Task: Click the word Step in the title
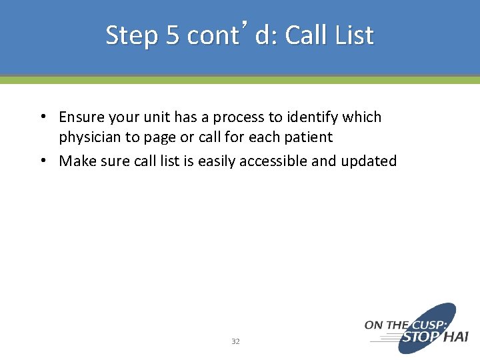coord(132,35)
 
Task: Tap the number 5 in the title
coord(173,35)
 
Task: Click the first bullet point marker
coord(42,117)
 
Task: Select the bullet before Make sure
coord(42,161)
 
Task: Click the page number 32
coord(235,341)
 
